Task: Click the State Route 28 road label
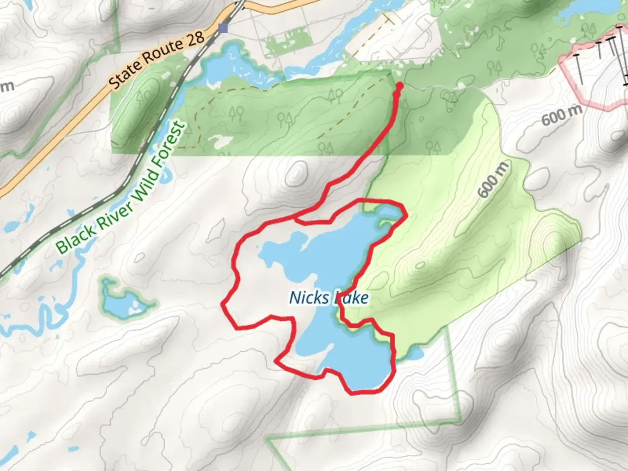(x=156, y=61)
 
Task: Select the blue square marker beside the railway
(x=223, y=28)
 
